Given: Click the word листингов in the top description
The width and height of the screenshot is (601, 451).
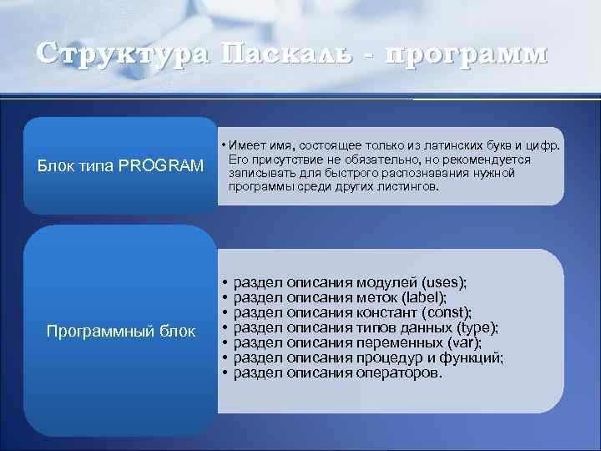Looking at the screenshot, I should point(410,186).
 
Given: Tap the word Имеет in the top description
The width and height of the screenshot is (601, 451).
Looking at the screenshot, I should point(250,145).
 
